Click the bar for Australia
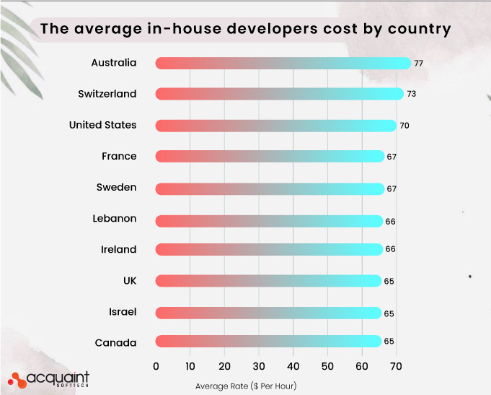click(x=283, y=63)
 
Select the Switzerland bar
click(x=279, y=94)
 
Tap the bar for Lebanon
click(x=269, y=219)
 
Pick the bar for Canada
click(x=267, y=342)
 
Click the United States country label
click(x=102, y=125)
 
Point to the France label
click(x=119, y=156)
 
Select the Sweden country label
click(x=116, y=187)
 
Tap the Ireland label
click(x=118, y=249)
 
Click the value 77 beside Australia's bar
click(x=418, y=64)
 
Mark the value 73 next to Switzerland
click(x=411, y=95)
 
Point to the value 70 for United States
click(x=404, y=126)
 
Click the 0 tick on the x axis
click(x=156, y=367)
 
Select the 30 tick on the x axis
click(x=259, y=367)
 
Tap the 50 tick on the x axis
click(x=327, y=367)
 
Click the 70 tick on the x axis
click(x=396, y=367)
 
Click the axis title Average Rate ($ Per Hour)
click(x=246, y=386)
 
